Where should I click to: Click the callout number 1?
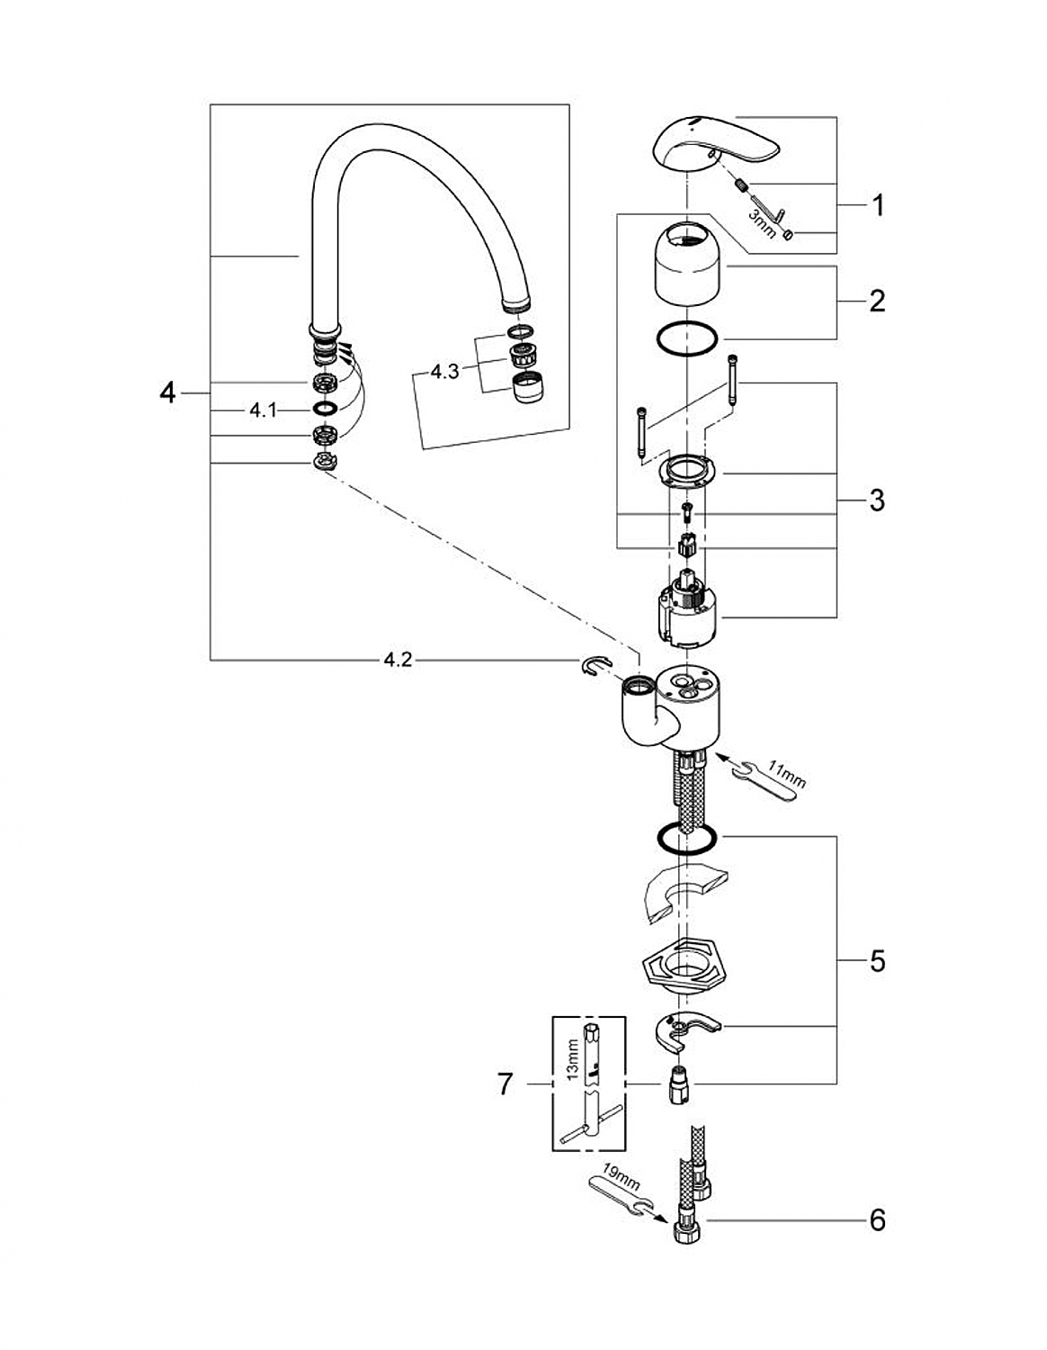tap(878, 205)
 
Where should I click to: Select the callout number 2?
tap(877, 301)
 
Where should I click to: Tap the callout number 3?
tap(877, 500)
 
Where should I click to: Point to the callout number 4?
tap(167, 393)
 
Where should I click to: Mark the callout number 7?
tap(506, 1084)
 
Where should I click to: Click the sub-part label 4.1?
tap(264, 410)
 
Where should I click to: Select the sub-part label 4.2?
tap(398, 660)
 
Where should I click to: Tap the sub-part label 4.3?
tap(445, 372)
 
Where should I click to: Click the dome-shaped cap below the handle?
tap(686, 264)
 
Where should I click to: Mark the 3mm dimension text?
tap(761, 223)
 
